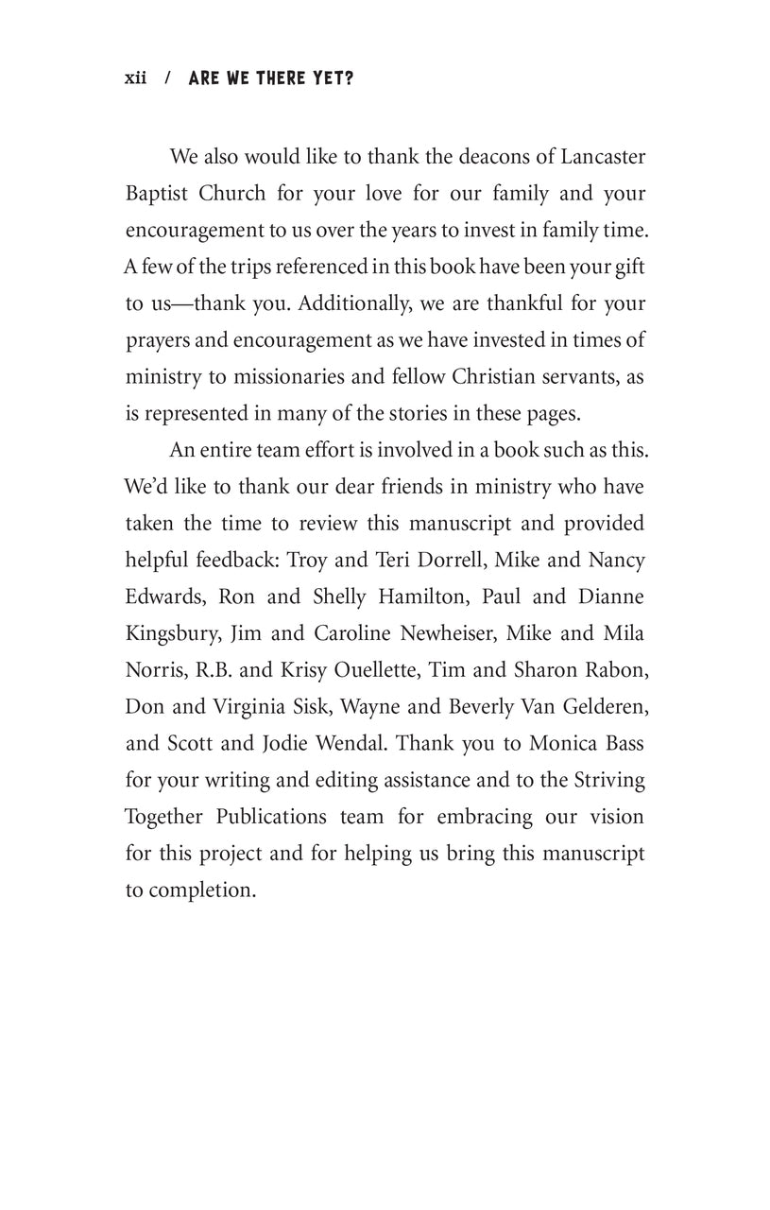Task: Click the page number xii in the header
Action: tap(136, 78)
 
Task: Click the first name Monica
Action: tap(566, 743)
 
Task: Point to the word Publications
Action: tap(263, 817)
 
